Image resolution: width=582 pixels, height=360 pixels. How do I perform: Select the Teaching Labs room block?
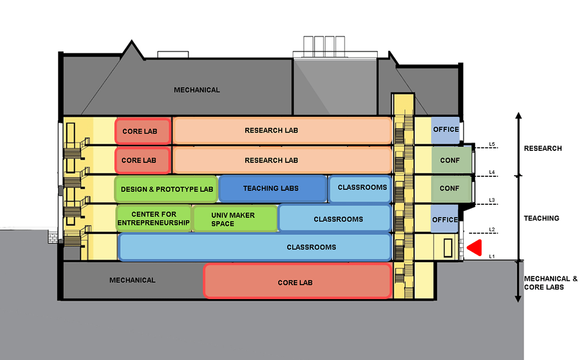(273, 188)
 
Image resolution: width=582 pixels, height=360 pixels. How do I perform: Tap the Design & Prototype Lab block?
(166, 189)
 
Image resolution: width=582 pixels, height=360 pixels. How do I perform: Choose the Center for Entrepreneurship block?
(154, 218)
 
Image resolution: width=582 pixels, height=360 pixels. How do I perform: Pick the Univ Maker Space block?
(235, 219)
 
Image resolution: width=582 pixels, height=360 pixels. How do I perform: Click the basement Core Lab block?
(297, 281)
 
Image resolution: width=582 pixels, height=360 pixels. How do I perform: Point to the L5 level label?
(491, 144)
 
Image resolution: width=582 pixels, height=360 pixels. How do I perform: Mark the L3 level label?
(491, 200)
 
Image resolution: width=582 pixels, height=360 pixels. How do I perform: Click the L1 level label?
(491, 256)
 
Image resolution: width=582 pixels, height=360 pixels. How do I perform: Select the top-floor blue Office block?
(446, 130)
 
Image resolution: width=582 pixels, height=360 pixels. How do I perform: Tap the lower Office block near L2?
(445, 219)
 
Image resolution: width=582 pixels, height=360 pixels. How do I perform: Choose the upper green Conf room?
(449, 160)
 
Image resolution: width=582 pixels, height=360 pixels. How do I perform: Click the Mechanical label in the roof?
(197, 90)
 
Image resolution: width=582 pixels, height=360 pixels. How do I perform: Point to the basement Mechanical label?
(132, 280)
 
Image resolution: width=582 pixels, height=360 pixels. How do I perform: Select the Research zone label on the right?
(543, 148)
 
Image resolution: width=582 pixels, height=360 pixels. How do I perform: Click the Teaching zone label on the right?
(542, 218)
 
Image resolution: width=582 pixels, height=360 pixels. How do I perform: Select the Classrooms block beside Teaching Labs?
(359, 188)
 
